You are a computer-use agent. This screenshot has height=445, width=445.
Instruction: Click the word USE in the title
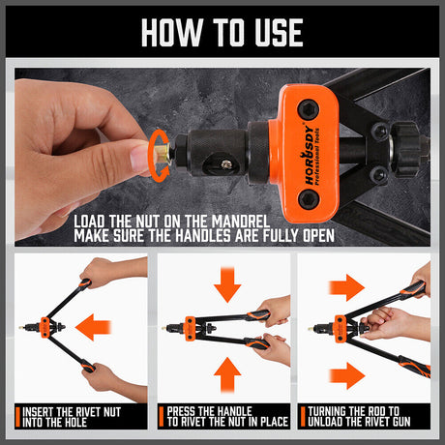click(x=279, y=32)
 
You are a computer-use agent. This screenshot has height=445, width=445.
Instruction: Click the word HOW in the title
click(x=171, y=32)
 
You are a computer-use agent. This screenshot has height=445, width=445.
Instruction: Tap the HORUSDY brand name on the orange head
click(x=308, y=157)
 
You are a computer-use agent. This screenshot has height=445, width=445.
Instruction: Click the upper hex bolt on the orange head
click(x=309, y=109)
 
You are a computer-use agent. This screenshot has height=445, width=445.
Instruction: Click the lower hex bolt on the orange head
click(x=308, y=199)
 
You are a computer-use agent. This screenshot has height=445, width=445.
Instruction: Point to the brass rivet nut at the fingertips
click(x=162, y=153)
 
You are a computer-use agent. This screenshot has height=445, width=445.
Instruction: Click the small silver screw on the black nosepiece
click(x=226, y=164)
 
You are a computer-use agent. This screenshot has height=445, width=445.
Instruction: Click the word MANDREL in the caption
click(x=240, y=222)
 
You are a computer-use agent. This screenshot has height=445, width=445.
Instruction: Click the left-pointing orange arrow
click(x=93, y=327)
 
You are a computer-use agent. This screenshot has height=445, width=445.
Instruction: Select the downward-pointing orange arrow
click(x=227, y=284)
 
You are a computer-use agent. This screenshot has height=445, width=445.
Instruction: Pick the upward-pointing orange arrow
click(x=227, y=375)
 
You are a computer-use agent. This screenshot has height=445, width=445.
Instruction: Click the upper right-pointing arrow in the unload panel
click(x=346, y=287)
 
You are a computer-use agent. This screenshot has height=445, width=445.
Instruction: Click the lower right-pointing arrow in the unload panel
click(x=347, y=375)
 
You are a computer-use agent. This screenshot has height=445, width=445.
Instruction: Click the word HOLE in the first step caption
click(x=74, y=422)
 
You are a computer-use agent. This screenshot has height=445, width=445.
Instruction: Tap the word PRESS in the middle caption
click(x=181, y=411)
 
